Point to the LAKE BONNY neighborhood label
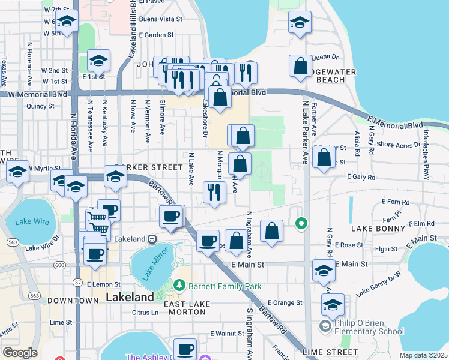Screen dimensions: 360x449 point(376,229)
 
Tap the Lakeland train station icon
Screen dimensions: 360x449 point(152,239)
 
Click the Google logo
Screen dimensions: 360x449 point(20,353)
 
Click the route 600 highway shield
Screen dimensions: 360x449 point(59,265)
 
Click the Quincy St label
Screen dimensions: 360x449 point(40,106)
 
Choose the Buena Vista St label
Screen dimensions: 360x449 point(160,19)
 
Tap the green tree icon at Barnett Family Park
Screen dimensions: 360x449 point(178,284)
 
